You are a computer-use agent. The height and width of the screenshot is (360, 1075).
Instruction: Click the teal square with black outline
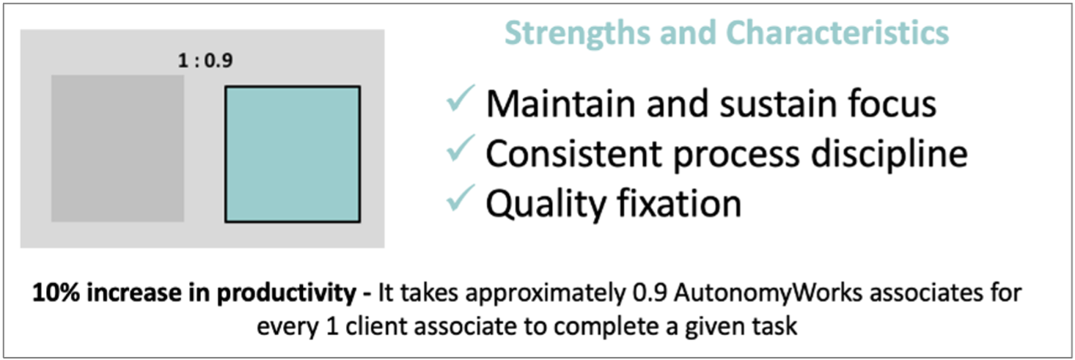293,154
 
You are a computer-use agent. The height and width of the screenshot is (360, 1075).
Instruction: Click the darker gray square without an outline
117,148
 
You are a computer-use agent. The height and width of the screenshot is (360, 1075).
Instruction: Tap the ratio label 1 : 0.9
205,60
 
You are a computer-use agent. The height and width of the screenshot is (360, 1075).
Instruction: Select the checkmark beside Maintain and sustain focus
461,98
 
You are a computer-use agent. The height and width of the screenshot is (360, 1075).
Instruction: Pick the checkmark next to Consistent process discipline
461,148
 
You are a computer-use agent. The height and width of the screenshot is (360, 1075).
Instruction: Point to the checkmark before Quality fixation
461,198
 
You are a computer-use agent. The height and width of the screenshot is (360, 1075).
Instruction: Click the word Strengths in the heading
577,34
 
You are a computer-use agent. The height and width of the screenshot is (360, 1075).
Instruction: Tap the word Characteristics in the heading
837,32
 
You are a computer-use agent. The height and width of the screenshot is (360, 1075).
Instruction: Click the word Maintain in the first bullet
562,103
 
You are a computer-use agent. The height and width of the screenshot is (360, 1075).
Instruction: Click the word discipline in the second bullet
889,155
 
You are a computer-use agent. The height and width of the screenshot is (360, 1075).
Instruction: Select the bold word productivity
287,293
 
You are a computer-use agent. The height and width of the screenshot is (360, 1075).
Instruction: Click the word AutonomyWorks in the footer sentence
768,293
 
